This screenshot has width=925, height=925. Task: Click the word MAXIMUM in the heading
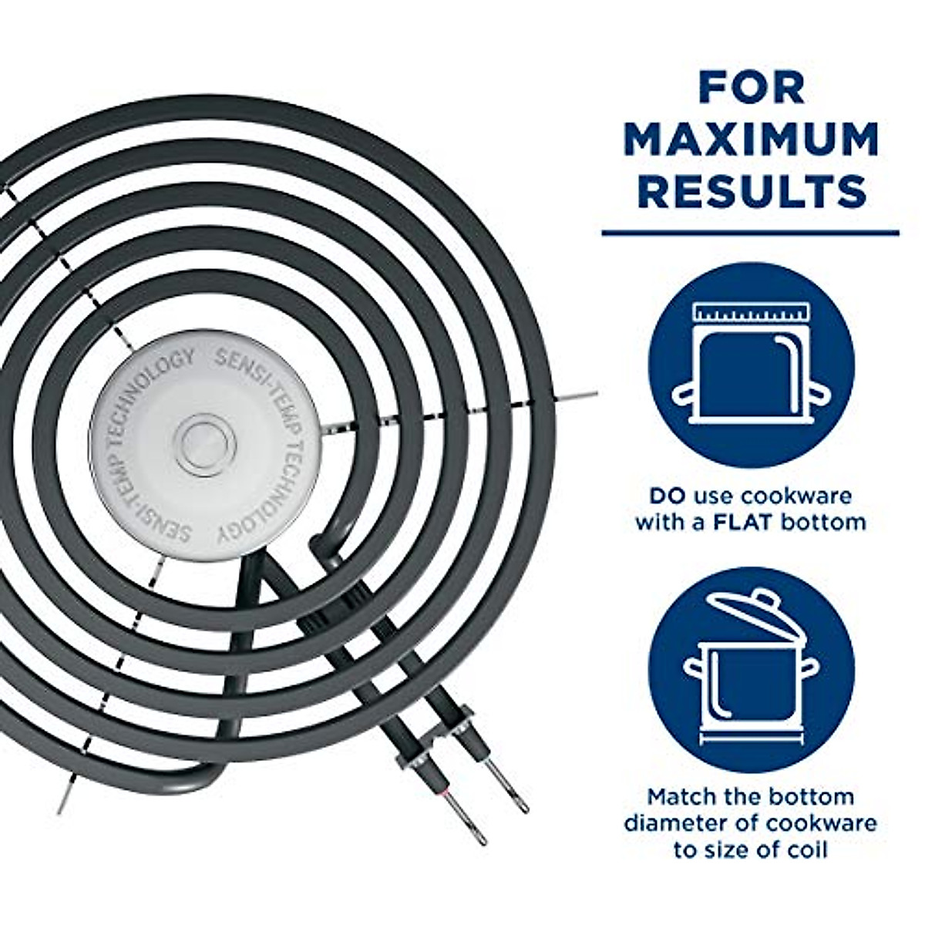click(751, 140)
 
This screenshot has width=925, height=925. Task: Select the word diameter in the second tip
click(669, 822)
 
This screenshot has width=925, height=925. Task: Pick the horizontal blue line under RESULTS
click(749, 232)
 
